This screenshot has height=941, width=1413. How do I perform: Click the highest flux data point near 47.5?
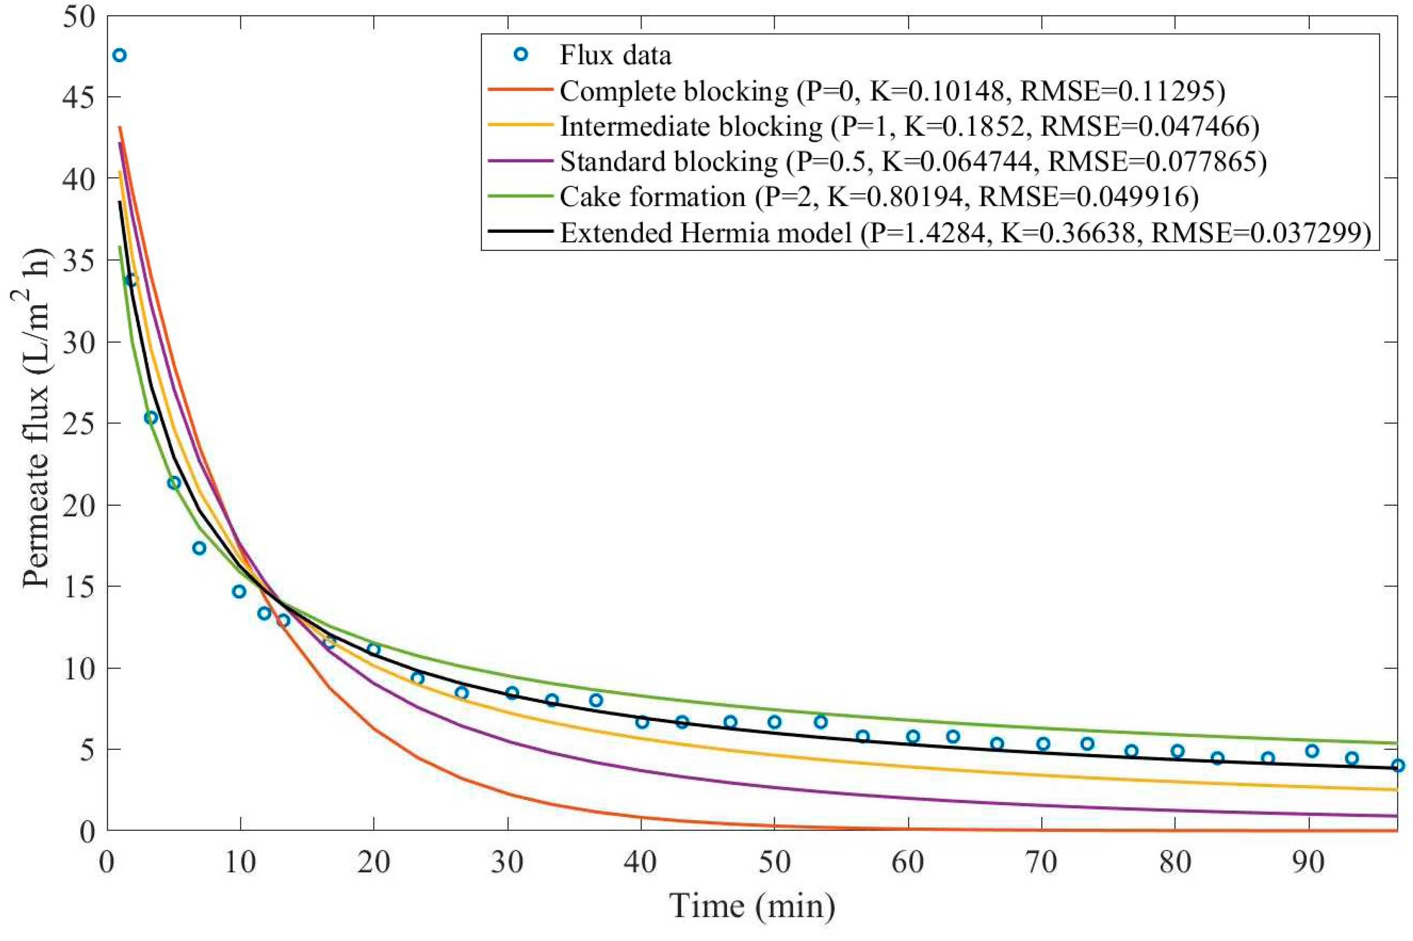[120, 55]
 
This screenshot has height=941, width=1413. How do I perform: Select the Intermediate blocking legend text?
[690, 126]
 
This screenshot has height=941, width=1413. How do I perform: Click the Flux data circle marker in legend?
[521, 55]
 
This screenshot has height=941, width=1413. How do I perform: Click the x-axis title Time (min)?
[752, 906]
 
